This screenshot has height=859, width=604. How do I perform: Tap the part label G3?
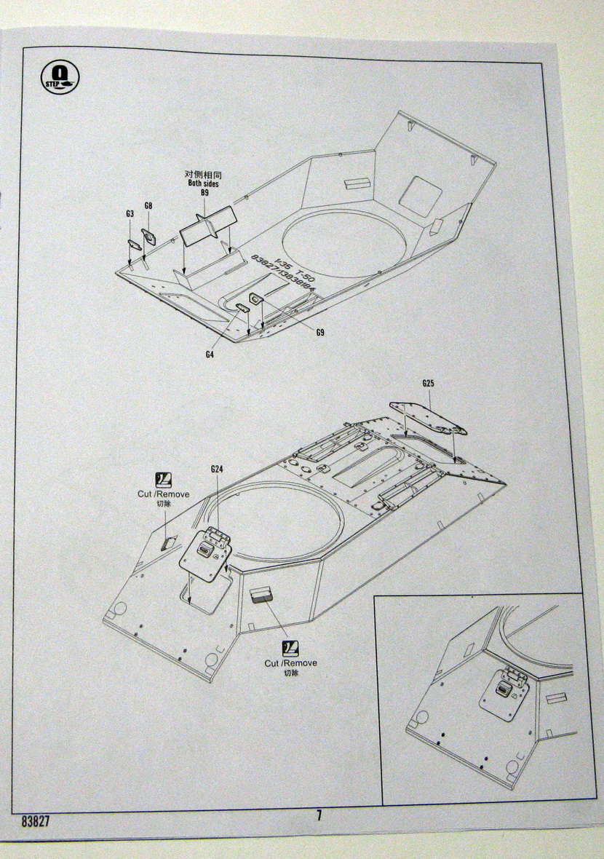coord(130,214)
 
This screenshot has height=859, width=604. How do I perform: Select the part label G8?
coord(148,206)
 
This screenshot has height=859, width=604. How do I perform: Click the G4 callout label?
coord(210,355)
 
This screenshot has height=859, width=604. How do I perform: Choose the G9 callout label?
coord(320,333)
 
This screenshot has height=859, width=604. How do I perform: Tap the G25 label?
coord(427,384)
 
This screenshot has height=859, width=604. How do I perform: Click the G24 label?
coord(216,470)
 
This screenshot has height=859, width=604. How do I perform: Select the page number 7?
coord(318,815)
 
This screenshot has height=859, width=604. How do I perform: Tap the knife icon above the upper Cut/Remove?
coord(164,479)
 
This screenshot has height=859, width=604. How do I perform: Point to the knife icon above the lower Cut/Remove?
coord(290,647)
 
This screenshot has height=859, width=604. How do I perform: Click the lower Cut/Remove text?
coord(290,663)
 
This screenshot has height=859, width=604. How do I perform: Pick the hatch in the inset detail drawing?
coord(504,691)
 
